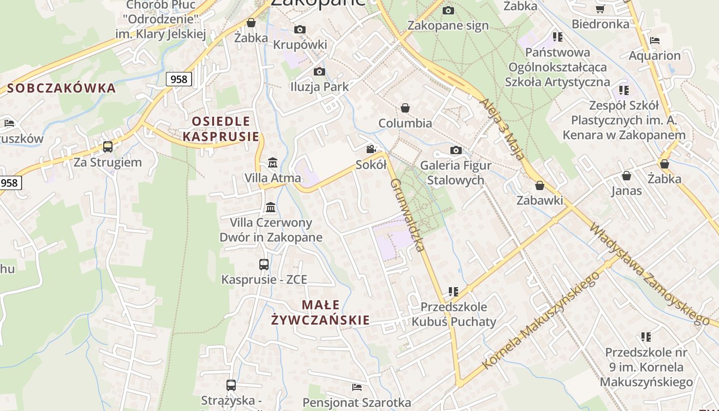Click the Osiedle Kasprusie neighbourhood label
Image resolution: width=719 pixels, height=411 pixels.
point(221,129)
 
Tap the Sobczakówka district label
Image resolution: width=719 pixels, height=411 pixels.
point(62,88)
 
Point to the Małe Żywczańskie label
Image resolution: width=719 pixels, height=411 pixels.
point(320,312)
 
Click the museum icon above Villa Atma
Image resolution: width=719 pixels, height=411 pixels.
point(273,163)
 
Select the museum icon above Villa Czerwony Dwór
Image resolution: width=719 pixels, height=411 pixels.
point(271,207)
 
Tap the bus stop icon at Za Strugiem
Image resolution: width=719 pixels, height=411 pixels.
point(108,147)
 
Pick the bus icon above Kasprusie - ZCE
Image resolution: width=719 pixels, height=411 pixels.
point(264,265)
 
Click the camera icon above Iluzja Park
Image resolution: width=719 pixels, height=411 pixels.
point(319,71)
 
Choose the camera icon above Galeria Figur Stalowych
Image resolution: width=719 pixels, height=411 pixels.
point(456,151)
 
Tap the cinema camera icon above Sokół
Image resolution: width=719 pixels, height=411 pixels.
point(371,150)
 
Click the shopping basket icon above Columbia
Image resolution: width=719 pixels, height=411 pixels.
point(405,108)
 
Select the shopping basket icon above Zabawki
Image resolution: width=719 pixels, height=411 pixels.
point(540,185)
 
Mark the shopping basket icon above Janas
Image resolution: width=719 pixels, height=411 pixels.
point(627,176)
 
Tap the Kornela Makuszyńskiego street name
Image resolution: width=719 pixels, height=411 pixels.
point(541,321)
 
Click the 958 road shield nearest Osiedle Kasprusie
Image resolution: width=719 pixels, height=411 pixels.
point(179,79)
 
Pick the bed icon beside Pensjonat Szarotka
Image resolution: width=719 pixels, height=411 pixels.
point(357,387)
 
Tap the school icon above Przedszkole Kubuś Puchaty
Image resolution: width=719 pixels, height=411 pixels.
point(453,292)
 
